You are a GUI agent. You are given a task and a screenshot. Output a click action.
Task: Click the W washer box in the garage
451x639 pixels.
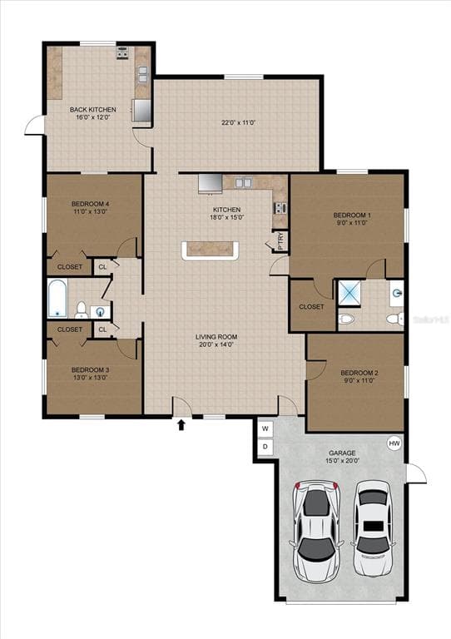click(265, 428)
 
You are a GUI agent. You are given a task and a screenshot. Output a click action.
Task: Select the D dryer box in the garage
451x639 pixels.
click(265, 447)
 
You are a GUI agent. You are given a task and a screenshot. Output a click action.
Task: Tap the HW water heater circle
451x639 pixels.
click(394, 444)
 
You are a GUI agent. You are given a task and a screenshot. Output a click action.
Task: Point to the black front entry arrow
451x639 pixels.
click(181, 426)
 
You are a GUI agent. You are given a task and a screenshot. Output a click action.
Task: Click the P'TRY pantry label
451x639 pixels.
click(280, 240)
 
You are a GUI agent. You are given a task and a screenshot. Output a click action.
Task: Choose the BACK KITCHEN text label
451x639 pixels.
click(92, 110)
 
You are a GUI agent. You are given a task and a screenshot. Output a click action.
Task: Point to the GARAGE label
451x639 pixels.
click(343, 453)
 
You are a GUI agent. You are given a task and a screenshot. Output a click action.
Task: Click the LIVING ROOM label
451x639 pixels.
click(216, 337)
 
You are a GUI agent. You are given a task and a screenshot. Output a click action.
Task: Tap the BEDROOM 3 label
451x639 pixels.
click(90, 369)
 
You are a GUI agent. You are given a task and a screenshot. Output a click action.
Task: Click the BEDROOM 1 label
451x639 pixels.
click(351, 215)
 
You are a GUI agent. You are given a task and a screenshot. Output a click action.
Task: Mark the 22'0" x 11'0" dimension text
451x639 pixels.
click(238, 123)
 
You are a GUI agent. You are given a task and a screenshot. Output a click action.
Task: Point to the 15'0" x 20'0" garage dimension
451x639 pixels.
click(343, 463)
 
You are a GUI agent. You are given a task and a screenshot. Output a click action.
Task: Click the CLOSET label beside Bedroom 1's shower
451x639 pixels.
click(311, 306)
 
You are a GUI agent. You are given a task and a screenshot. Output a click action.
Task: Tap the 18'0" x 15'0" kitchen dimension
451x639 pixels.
click(227, 218)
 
